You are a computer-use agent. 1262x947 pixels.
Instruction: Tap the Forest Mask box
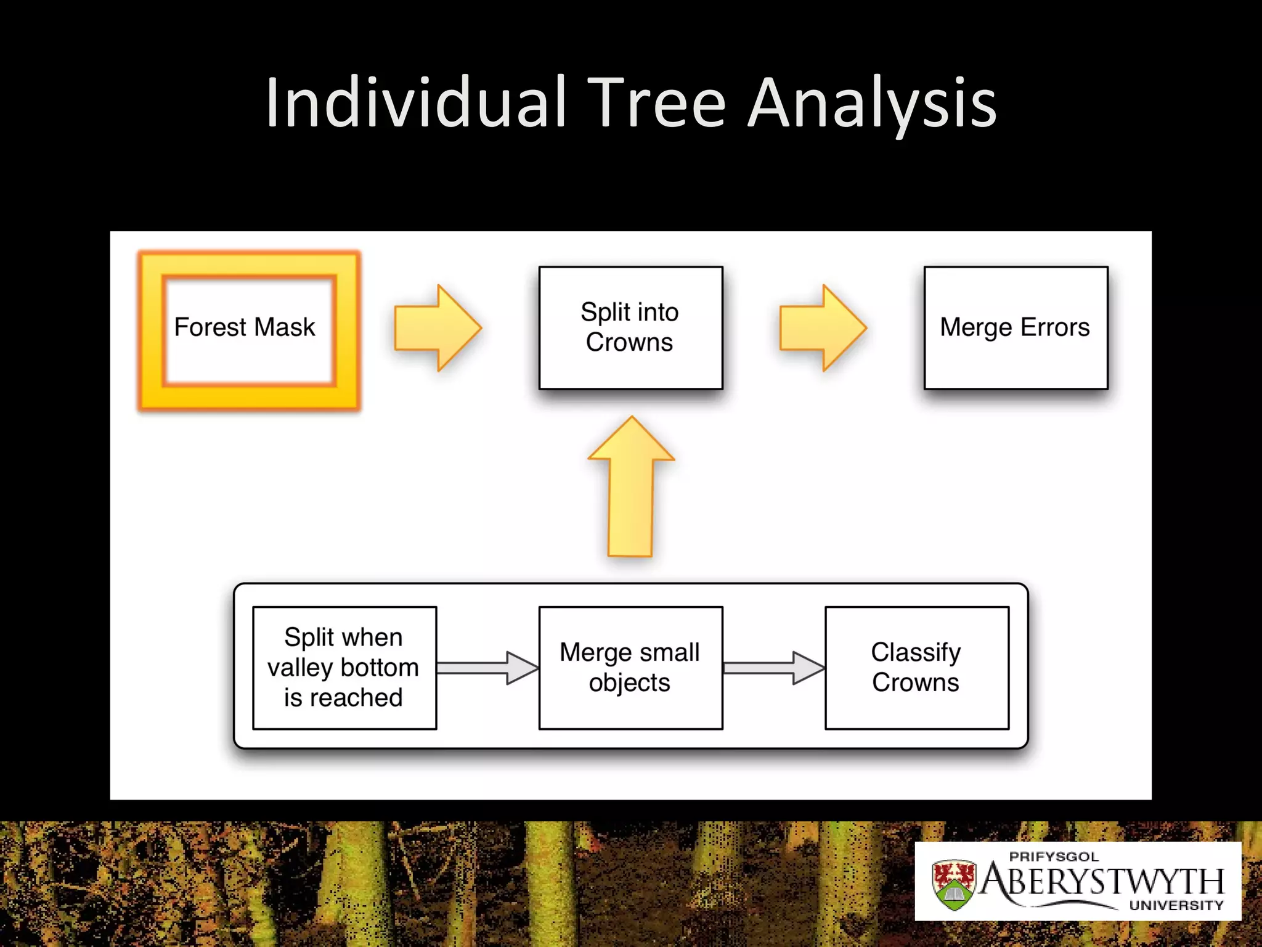tap(249, 330)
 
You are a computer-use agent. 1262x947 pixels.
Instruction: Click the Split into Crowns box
tap(630, 327)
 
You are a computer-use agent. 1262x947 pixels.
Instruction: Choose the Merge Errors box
tap(1016, 327)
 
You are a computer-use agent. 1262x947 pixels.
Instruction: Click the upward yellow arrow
tap(630, 487)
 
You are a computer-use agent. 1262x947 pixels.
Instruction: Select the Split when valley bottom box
tap(344, 668)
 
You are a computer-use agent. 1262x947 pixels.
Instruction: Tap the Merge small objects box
tap(630, 668)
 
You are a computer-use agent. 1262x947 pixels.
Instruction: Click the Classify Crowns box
tap(916, 668)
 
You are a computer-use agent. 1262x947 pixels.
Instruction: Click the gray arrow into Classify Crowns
tap(774, 668)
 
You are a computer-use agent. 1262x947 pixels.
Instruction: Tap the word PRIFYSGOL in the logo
tap(1054, 856)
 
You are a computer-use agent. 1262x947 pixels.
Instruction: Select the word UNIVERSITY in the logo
tap(1176, 905)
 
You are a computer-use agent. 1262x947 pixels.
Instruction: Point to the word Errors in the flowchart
tap(1054, 327)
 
